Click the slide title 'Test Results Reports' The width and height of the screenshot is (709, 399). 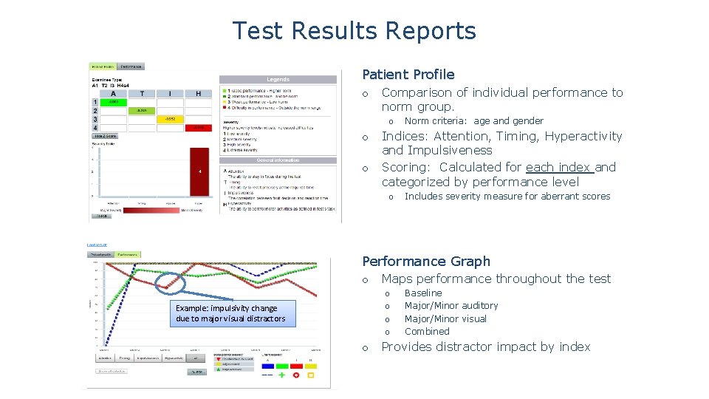coord(354,31)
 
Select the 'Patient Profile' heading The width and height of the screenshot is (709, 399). coord(408,75)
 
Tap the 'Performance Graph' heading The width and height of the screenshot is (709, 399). coord(425,262)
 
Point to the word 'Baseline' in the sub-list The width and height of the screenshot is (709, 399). coord(423,293)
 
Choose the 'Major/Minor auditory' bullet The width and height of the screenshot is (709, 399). coord(451,306)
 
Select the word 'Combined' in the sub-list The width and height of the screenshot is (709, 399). coord(427,332)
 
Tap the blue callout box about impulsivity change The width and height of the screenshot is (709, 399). coord(230,313)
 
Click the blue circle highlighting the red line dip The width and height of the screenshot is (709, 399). coord(170,282)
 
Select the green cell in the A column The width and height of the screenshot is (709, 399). coord(113,103)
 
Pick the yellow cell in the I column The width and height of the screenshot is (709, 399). coord(169,119)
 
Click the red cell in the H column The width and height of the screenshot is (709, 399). coord(197,127)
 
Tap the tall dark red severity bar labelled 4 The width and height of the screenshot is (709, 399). coord(199,171)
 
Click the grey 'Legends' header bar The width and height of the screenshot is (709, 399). coord(278,79)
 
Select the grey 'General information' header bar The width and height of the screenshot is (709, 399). coord(278,160)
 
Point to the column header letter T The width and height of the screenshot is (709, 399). coord(141,94)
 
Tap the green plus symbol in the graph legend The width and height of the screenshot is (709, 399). coord(281,375)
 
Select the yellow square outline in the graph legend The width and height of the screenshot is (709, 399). coord(311,375)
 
